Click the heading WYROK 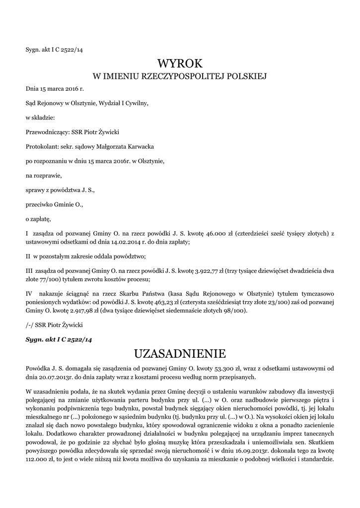pyautogui.click(x=180, y=63)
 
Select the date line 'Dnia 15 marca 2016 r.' pyautogui.click(x=55, y=89)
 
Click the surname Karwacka pyautogui.click(x=141, y=147)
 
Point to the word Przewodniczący pyautogui.click(x=48, y=132)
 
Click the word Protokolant pyautogui.click(x=42, y=147)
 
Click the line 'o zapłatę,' pyautogui.click(x=38, y=218)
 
